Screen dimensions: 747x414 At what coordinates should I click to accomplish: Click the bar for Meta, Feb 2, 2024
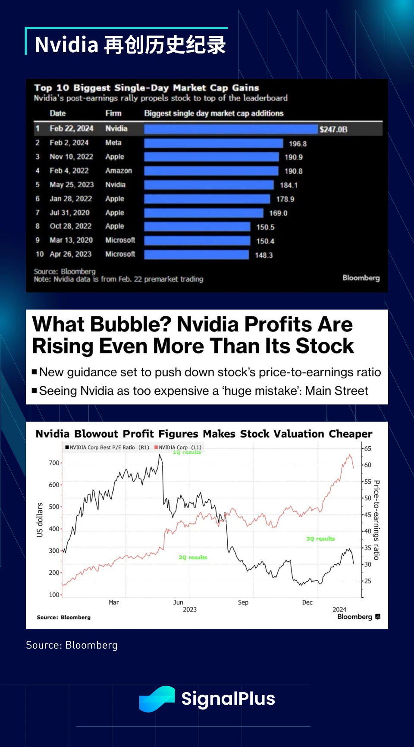pyautogui.click(x=213, y=143)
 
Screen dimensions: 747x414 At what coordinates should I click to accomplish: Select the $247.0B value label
pyautogui.click(x=333, y=129)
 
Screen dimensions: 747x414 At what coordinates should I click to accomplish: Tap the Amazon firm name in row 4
pyautogui.click(x=119, y=171)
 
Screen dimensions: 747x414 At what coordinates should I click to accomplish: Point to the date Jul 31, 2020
pyautogui.click(x=69, y=213)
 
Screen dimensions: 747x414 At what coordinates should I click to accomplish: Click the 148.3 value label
pyautogui.click(x=263, y=255)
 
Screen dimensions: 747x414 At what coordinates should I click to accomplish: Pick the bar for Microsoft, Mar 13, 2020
pyautogui.click(x=197, y=241)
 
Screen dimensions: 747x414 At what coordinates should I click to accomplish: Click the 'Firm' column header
pyautogui.click(x=113, y=113)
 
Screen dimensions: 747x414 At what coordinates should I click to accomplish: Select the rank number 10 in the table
pyautogui.click(x=40, y=254)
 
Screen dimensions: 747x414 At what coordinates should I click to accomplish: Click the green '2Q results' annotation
pyautogui.click(x=193, y=558)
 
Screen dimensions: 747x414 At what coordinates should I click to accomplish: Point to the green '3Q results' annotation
pyautogui.click(x=320, y=539)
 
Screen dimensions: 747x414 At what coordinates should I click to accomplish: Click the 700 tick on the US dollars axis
pyautogui.click(x=54, y=463)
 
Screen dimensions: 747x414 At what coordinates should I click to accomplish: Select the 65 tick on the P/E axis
pyautogui.click(x=367, y=448)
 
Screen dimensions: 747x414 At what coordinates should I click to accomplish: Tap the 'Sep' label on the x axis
pyautogui.click(x=243, y=602)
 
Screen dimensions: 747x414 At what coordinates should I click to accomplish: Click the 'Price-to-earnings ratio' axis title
pyautogui.click(x=376, y=520)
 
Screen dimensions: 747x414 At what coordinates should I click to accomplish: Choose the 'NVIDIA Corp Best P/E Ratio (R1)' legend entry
pyautogui.click(x=107, y=448)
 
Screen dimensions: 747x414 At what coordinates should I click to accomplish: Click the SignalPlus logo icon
pyautogui.click(x=157, y=699)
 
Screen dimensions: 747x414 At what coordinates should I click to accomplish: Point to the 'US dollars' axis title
pyautogui.click(x=40, y=520)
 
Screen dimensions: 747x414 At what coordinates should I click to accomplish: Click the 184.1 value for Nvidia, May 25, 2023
pyautogui.click(x=289, y=185)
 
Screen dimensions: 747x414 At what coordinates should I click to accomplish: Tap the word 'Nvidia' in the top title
pyautogui.click(x=66, y=45)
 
